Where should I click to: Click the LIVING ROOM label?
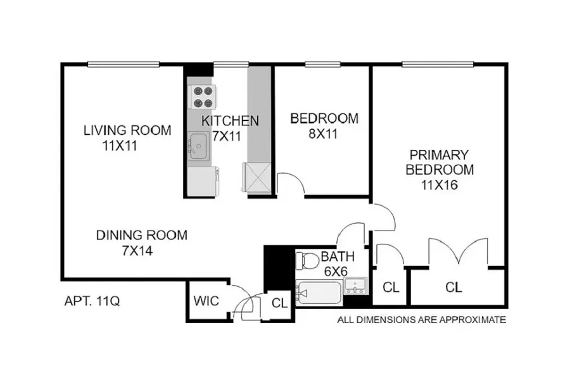coord(127,130)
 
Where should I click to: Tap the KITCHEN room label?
coord(230,120)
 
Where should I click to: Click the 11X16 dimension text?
coord(439,186)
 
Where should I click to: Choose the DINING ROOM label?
coord(142,236)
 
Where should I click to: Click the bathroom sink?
coord(357,286)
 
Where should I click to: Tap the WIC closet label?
coord(206,300)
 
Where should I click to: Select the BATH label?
coord(337,256)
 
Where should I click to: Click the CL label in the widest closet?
coord(453,288)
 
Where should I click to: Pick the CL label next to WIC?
coord(279,302)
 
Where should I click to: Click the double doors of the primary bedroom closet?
coord(458,251)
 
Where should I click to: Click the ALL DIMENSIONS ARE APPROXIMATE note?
coord(422,320)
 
